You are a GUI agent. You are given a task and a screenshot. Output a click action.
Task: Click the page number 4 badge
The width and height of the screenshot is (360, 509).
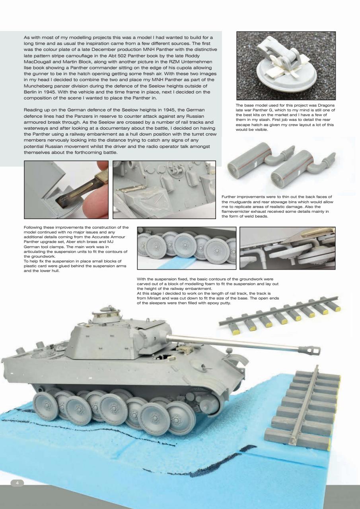click(x=17, y=482)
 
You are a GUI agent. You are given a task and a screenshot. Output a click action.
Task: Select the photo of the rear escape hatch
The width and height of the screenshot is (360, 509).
click(x=286, y=66)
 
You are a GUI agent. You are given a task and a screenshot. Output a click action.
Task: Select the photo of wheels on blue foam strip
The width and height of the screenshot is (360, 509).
click(x=186, y=248)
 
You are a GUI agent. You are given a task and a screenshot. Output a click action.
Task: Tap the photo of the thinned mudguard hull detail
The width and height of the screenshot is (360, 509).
click(x=164, y=189)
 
